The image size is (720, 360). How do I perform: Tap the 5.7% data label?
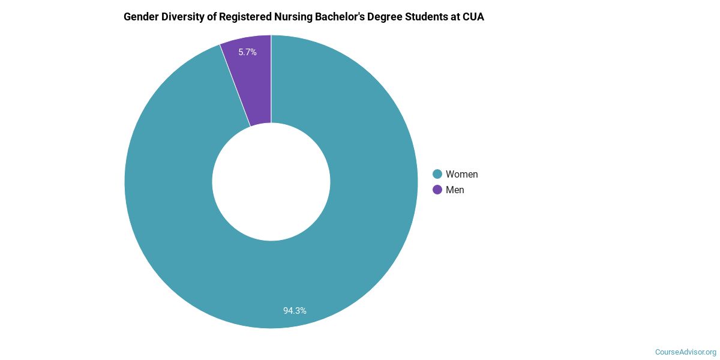[x=247, y=52]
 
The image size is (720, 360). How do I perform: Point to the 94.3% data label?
[x=295, y=311]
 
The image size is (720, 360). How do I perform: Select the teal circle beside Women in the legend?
[x=437, y=174]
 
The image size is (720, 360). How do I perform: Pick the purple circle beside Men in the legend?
[x=437, y=190]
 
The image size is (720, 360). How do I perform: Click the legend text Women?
[x=461, y=174]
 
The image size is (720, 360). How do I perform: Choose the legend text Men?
[x=455, y=190]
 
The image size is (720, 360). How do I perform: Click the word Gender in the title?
[x=142, y=17]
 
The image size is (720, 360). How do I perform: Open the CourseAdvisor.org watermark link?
[x=685, y=352]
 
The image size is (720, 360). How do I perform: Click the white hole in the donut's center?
[x=271, y=182]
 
